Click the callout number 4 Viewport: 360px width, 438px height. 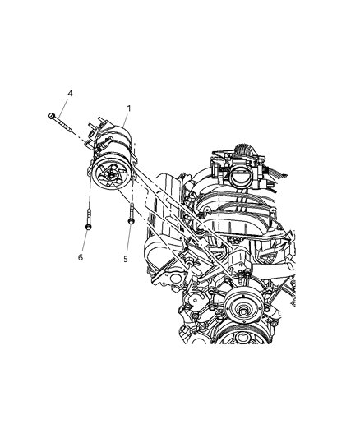point(70,93)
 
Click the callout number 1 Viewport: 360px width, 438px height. point(127,107)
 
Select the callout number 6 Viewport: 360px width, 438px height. point(81,257)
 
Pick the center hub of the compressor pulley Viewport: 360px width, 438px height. point(106,175)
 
